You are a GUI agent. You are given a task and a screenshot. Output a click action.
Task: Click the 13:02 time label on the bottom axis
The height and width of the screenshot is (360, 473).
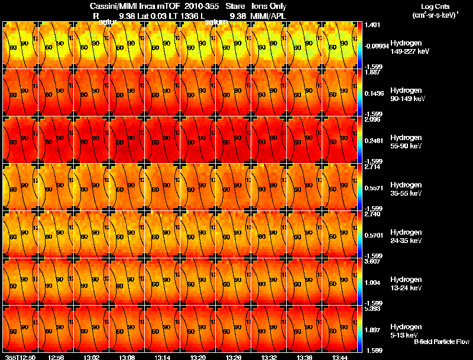[x=91, y=357]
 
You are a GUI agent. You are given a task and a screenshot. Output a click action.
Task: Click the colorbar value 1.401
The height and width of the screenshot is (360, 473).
[x=372, y=25]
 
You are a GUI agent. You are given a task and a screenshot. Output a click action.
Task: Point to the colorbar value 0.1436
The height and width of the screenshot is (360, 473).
[x=374, y=93]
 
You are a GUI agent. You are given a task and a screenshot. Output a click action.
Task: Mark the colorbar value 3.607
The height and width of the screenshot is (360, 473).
[x=372, y=261]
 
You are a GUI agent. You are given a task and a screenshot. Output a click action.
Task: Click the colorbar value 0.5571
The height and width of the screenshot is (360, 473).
[x=374, y=188]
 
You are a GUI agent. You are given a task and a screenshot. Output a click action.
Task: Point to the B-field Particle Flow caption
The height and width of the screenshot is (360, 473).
[x=441, y=341]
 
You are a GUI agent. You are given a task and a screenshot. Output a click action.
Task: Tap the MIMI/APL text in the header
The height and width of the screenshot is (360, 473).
[x=270, y=15]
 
